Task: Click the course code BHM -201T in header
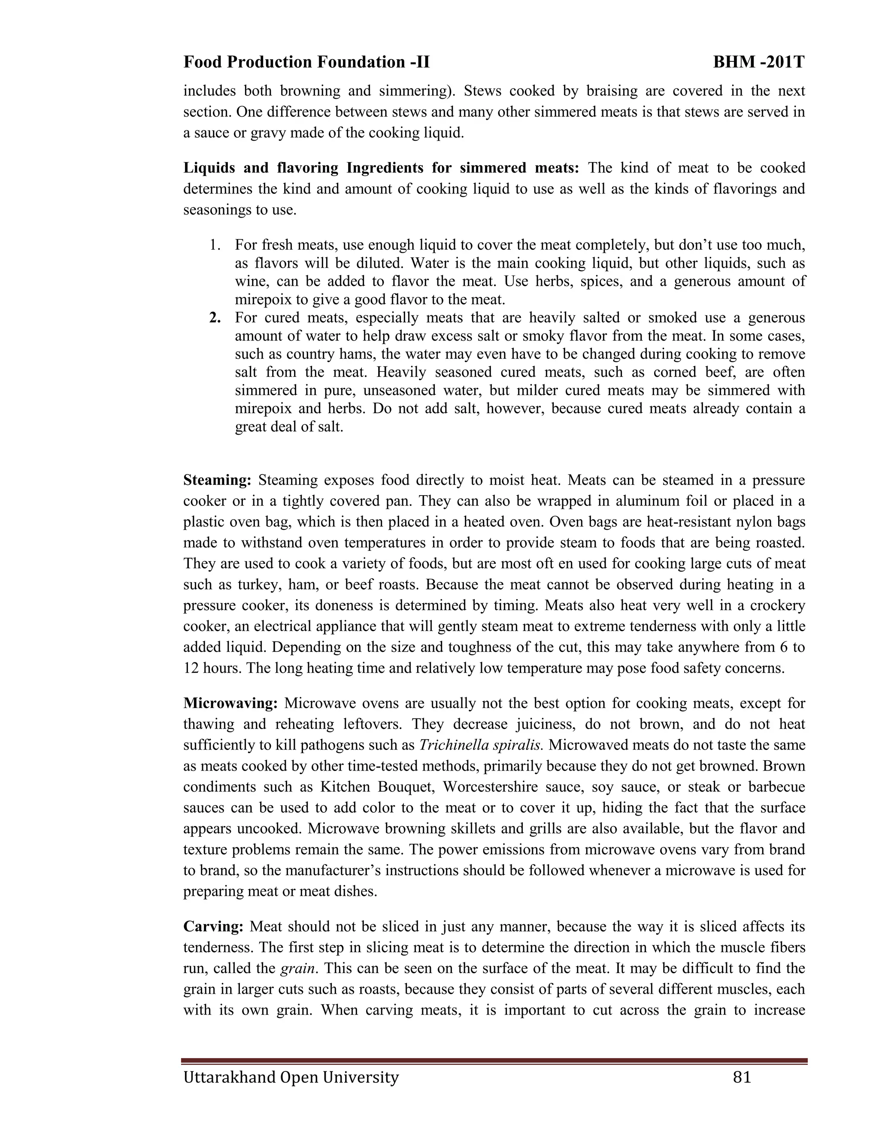759,63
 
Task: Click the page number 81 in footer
742,1077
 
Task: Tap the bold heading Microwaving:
230,703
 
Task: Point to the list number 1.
215,245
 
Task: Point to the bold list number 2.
215,318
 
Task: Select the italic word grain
298,969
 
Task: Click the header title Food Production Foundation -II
306,63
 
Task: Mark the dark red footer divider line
494,1061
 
